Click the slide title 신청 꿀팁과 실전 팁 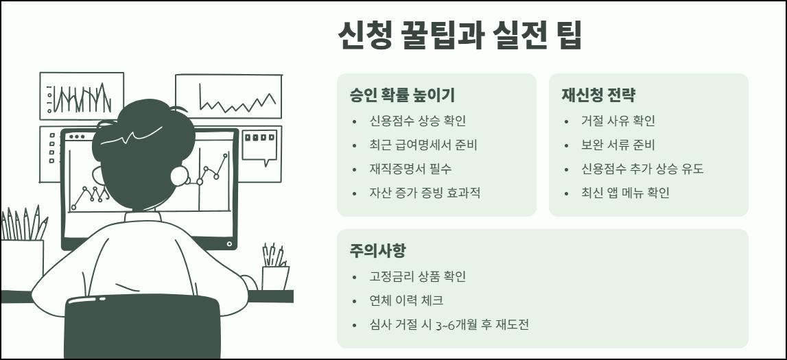(x=460, y=36)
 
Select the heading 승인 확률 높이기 (x=401, y=95)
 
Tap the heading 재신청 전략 (x=598, y=95)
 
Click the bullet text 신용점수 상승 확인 (x=417, y=121)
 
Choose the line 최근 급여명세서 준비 (x=423, y=145)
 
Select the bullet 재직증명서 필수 (x=410, y=169)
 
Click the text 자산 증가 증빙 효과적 (x=425, y=193)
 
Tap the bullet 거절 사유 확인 (x=618, y=121)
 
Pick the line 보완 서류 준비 (x=618, y=145)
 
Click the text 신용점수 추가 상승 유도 (x=642, y=169)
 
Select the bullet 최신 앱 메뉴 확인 (x=625, y=193)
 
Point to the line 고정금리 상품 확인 (x=417, y=276)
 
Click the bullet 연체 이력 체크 (x=406, y=300)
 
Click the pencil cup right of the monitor (x=276, y=277)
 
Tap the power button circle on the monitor (x=229, y=243)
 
